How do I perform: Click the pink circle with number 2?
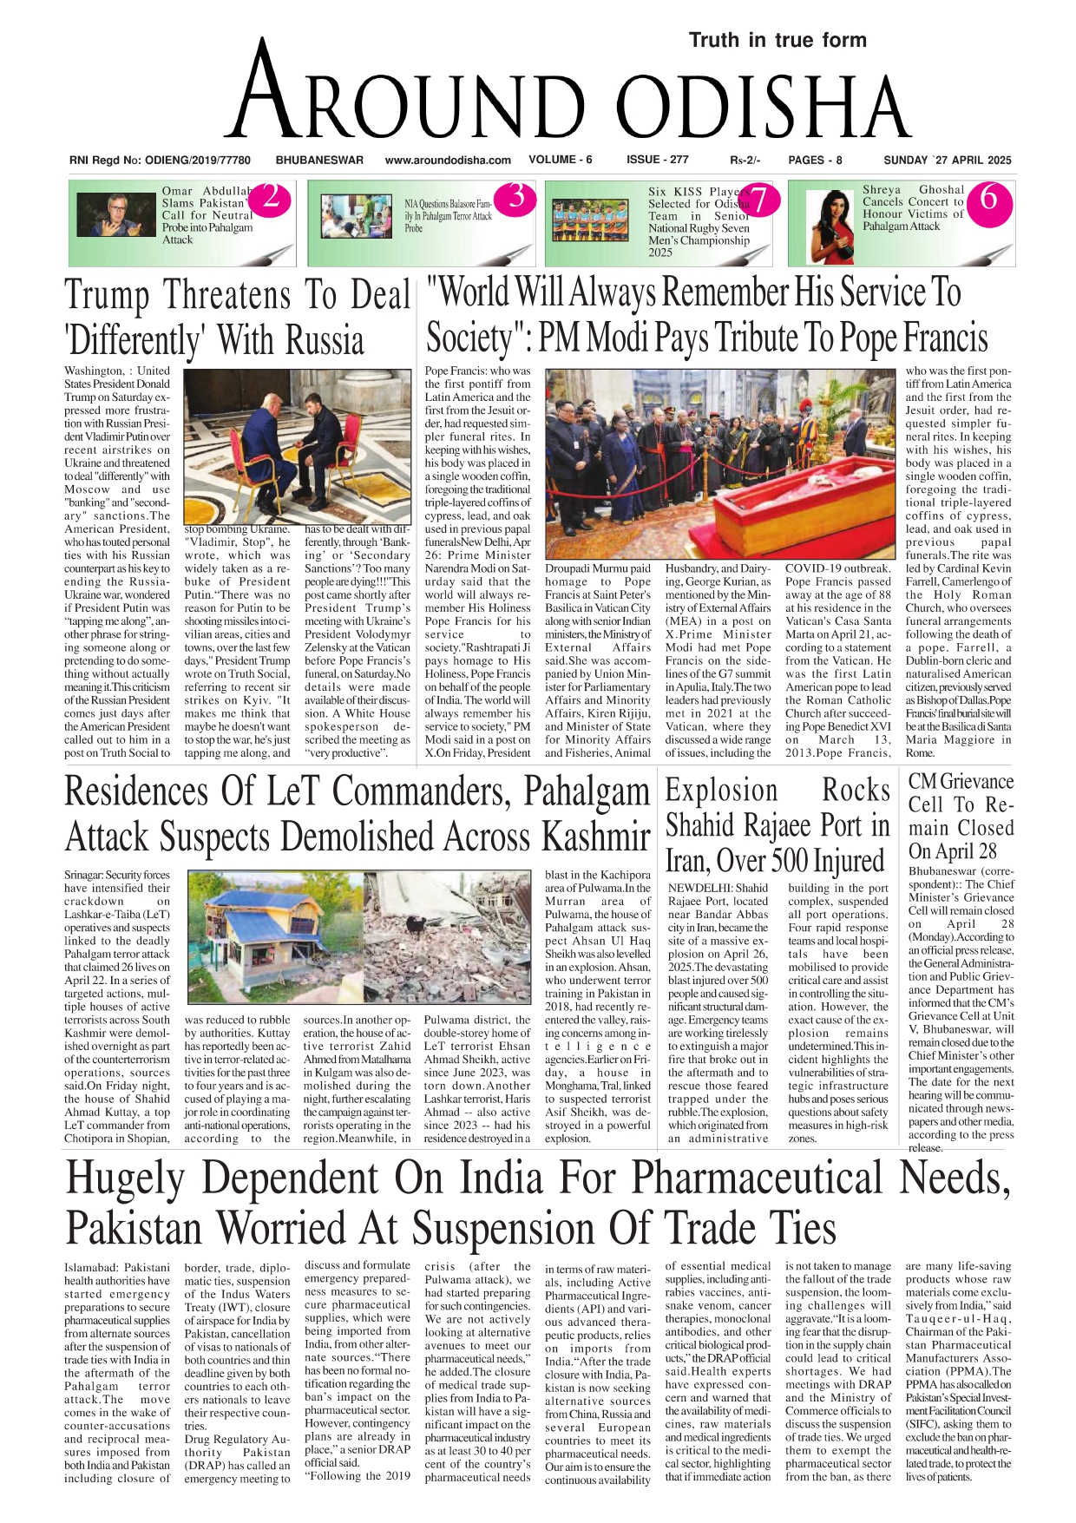(x=270, y=199)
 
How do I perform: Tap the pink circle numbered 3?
(x=515, y=198)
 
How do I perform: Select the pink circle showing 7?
(x=758, y=200)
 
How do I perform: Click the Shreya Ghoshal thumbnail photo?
(x=832, y=226)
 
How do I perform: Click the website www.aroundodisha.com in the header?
(x=448, y=160)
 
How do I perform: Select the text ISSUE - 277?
(x=657, y=160)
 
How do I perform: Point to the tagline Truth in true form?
(x=777, y=40)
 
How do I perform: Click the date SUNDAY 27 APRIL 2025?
(x=947, y=160)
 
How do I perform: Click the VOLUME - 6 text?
(x=560, y=160)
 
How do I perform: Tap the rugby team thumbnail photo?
(x=595, y=220)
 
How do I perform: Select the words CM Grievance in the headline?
(x=961, y=782)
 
